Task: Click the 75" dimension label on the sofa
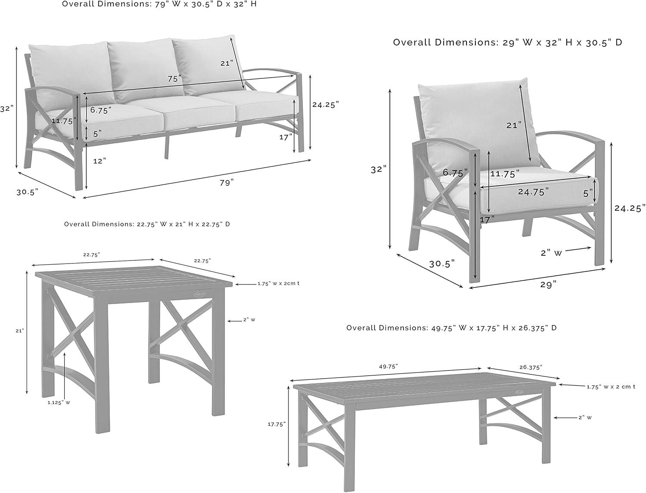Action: click(x=175, y=79)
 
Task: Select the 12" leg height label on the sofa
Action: click(x=99, y=161)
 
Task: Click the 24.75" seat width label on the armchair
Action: click(x=533, y=192)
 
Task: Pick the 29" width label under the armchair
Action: click(x=548, y=284)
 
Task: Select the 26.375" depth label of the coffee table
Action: click(x=531, y=367)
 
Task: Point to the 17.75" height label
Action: click(x=276, y=424)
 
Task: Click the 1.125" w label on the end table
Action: click(x=59, y=403)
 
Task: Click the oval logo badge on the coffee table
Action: click(x=519, y=392)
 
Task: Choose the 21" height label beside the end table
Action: click(x=19, y=331)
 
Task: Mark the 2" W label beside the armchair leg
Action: click(x=551, y=253)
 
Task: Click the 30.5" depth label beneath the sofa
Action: click(x=28, y=192)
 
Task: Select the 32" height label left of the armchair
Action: click(x=377, y=170)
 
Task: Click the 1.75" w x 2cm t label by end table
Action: click(x=278, y=283)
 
